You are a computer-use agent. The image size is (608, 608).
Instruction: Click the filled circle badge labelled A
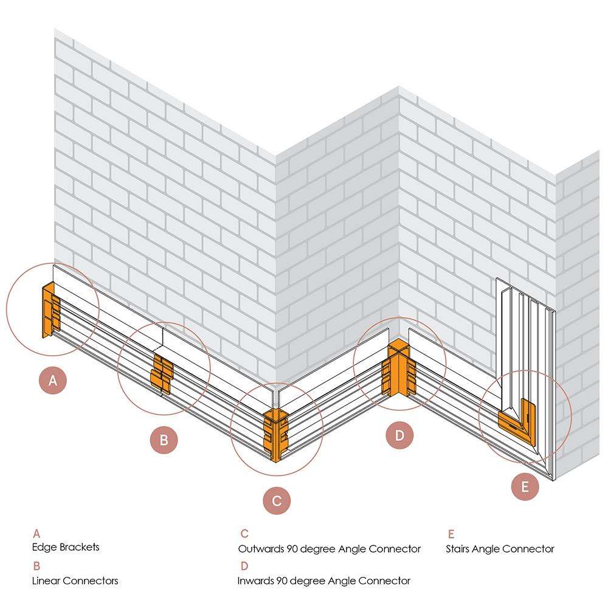[x=53, y=381]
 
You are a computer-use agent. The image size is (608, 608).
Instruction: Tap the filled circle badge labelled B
[x=164, y=439]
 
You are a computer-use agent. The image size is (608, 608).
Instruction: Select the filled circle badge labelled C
[x=277, y=501]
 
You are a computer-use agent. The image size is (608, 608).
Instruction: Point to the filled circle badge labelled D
[x=399, y=435]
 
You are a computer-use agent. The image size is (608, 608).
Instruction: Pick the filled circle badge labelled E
[x=525, y=486]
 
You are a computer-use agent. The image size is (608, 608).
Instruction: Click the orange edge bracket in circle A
[x=49, y=311]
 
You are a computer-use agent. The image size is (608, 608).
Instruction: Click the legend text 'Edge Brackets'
[x=66, y=547]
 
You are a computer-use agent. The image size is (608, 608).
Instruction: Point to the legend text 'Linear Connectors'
[x=75, y=580]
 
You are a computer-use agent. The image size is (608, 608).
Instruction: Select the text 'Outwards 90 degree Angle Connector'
[x=329, y=548]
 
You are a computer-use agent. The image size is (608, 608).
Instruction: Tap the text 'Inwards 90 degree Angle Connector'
[x=324, y=580]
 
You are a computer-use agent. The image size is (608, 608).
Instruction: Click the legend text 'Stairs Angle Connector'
[x=500, y=548]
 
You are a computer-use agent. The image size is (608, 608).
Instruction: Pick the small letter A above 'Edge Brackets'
[x=36, y=534]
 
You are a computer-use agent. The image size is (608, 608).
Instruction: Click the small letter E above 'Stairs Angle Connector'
[x=451, y=534]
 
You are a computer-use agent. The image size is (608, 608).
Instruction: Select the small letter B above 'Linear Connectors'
[x=36, y=566]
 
